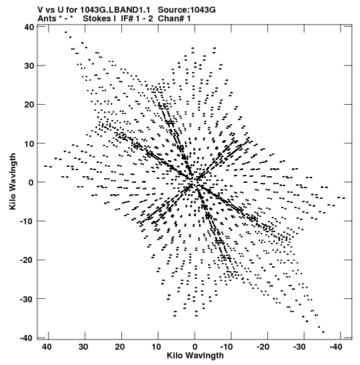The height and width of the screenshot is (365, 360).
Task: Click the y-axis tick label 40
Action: tap(29, 27)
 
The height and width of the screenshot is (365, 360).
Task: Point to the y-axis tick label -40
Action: tap(27, 338)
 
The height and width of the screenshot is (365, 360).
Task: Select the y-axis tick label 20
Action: tap(29, 105)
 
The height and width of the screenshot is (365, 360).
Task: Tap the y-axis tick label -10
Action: tap(27, 221)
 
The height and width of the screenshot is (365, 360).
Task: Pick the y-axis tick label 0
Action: tap(31, 183)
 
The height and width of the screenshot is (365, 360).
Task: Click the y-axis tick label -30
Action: tap(27, 299)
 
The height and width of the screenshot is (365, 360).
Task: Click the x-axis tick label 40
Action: tap(47, 347)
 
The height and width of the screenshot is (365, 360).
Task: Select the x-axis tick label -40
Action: tap(336, 347)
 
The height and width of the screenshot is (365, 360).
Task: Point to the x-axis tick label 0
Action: tap(195, 347)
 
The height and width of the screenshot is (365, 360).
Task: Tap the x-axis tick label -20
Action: tap(263, 347)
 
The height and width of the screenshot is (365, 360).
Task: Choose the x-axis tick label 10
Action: tap(156, 347)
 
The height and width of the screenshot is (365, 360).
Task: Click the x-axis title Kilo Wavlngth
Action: tap(195, 356)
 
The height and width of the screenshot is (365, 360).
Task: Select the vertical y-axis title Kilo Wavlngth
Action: tap(13, 181)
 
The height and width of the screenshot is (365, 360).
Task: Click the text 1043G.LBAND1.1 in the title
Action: tap(115, 10)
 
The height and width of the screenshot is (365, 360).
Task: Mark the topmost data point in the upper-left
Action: tap(66, 32)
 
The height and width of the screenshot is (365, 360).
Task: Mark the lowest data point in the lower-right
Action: tap(323, 332)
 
